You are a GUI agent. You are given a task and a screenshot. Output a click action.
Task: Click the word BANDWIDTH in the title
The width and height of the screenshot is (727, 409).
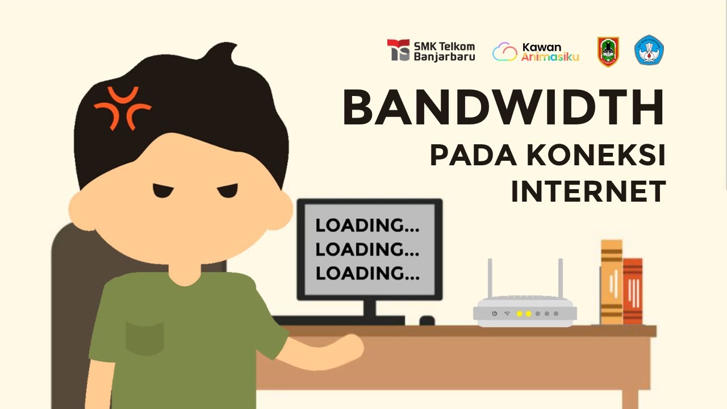pyautogui.click(x=503, y=108)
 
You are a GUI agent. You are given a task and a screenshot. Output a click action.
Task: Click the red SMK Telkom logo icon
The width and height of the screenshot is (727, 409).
pyautogui.click(x=398, y=50)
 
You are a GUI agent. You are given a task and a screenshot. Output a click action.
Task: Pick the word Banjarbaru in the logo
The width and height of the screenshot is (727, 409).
pyautogui.click(x=445, y=56)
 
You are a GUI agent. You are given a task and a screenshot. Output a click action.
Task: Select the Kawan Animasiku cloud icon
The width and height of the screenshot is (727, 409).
pyautogui.click(x=505, y=52)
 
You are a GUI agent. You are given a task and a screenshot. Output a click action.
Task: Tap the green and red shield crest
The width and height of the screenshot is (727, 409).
pyautogui.click(x=608, y=52)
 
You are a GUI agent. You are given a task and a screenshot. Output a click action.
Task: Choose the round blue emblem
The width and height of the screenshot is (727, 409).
pyautogui.click(x=649, y=51)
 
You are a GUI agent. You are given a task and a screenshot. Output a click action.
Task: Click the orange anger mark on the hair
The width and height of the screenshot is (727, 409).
pyautogui.click(x=123, y=107)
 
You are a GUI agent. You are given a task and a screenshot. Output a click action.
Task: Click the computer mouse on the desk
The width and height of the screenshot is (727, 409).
pyautogui.click(x=427, y=321)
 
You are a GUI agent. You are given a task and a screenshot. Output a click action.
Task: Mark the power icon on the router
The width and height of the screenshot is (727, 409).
pyautogui.click(x=495, y=314)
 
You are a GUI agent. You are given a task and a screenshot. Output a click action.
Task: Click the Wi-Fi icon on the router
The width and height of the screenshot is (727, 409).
pyautogui.click(x=507, y=314)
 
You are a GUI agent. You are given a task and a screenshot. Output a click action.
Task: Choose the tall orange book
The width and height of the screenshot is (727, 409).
pyautogui.click(x=612, y=282)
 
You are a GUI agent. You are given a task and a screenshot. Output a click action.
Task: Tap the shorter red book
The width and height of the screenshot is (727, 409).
pyautogui.click(x=633, y=291)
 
